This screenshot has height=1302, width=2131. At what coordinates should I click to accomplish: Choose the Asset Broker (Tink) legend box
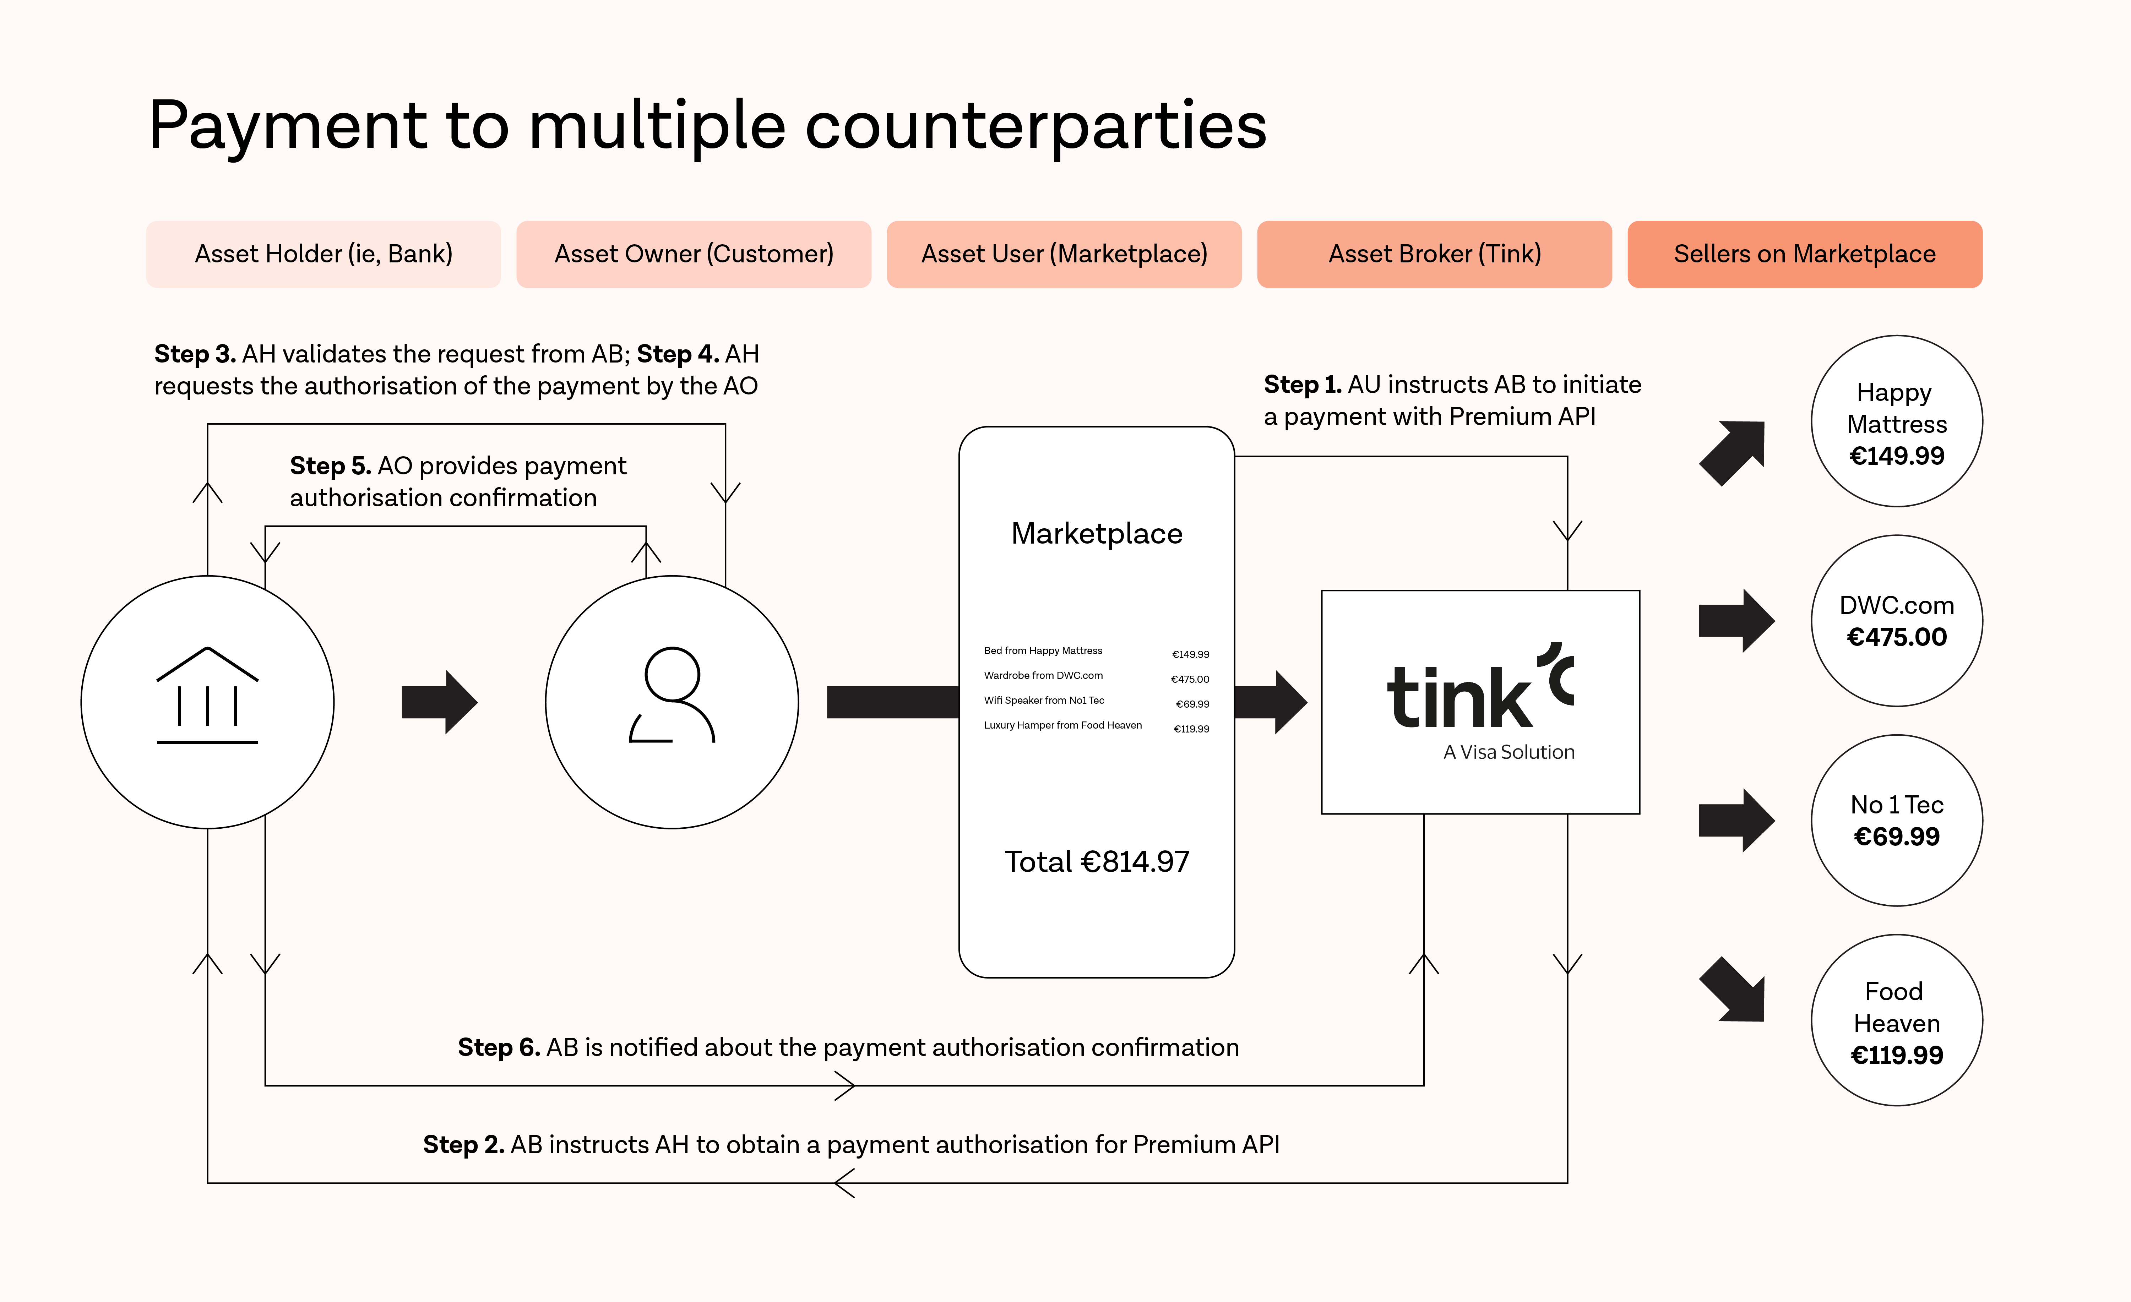[1434, 254]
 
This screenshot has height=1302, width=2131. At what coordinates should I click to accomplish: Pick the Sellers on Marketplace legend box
[1804, 254]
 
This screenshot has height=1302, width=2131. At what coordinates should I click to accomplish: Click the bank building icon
[208, 697]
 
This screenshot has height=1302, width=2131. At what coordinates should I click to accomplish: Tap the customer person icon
[672, 697]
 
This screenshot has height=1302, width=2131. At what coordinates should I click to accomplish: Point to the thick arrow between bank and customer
[439, 702]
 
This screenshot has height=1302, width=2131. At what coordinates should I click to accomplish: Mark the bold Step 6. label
[498, 1048]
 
